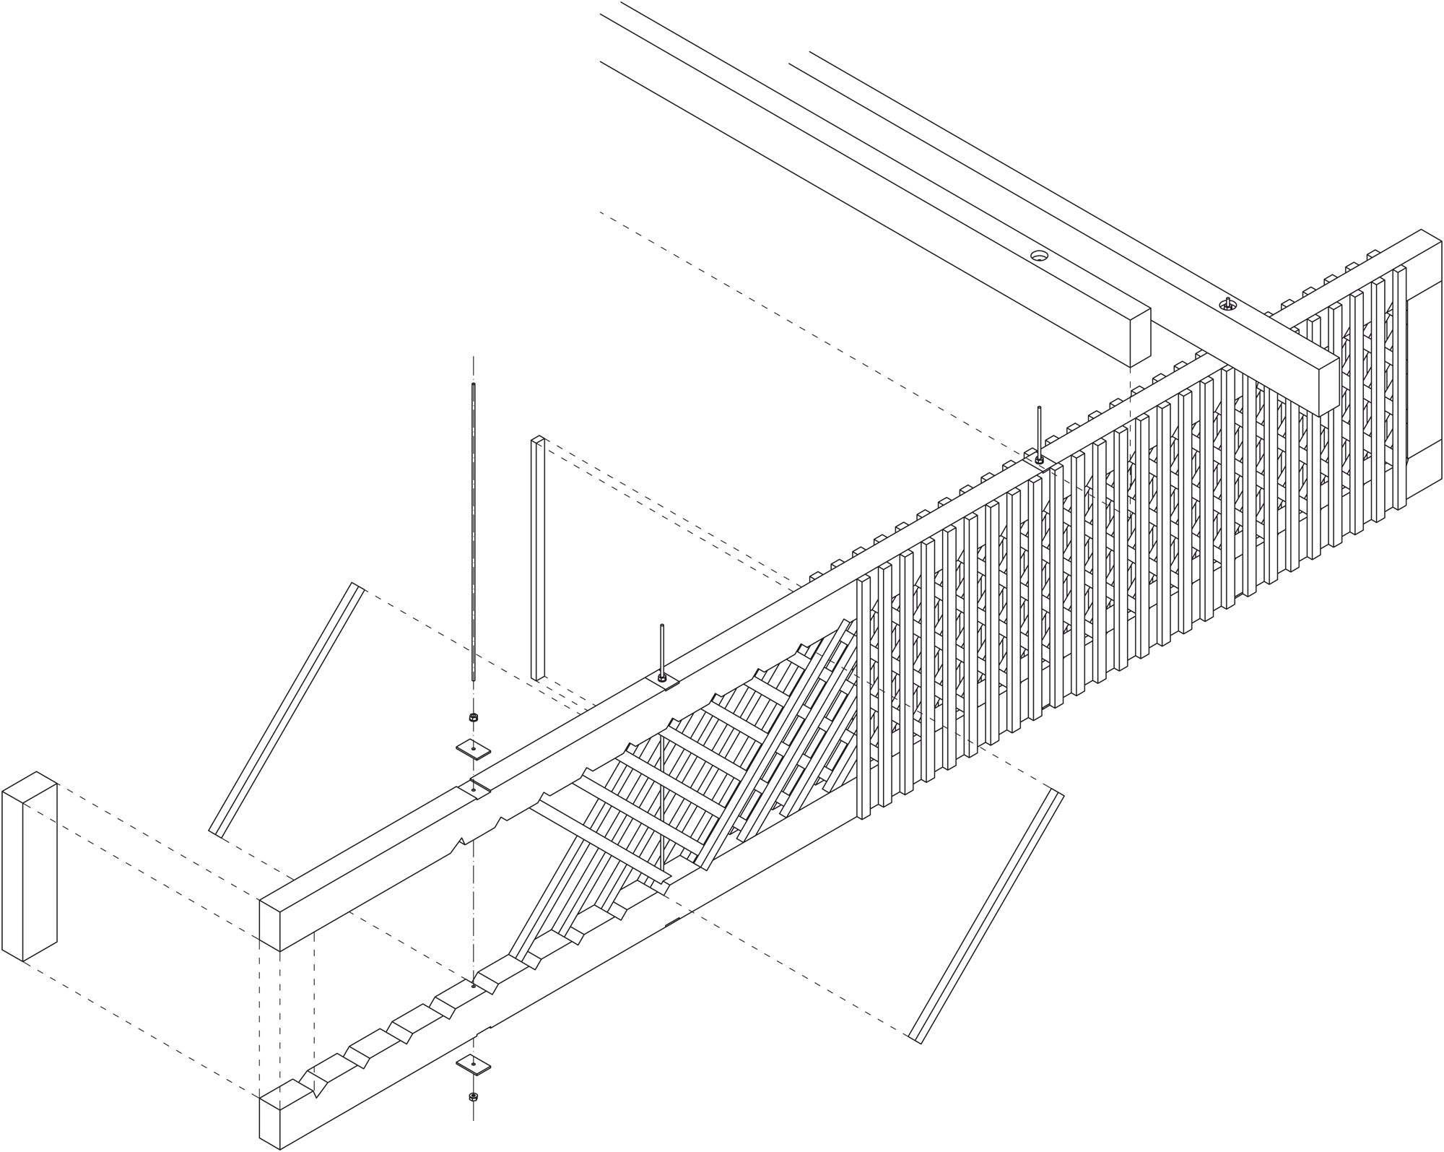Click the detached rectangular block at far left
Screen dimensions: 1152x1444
click(29, 867)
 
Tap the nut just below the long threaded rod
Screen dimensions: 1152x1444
click(474, 717)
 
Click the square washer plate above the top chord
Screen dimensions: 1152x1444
click(474, 748)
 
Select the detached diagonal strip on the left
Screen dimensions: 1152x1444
click(286, 708)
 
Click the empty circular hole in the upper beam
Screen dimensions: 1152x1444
click(1039, 255)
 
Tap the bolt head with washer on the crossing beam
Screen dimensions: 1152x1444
click(1227, 303)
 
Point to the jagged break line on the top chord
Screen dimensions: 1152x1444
click(480, 831)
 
